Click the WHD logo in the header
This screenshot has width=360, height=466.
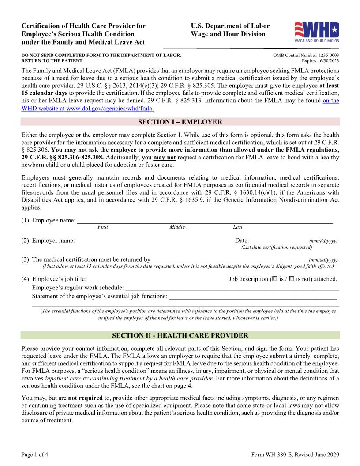click(x=316, y=32)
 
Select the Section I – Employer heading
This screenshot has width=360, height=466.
click(x=180, y=122)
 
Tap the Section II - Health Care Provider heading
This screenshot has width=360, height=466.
click(x=180, y=335)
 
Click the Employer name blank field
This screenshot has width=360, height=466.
click(x=155, y=241)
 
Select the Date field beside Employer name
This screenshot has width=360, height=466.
click(x=279, y=241)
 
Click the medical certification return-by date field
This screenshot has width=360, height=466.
click(x=229, y=259)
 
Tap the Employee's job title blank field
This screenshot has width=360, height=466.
click(x=157, y=279)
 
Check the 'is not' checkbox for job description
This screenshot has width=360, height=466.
click(x=292, y=279)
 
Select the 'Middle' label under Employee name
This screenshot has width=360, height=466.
click(x=177, y=227)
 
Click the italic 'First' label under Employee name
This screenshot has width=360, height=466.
click(x=102, y=227)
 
